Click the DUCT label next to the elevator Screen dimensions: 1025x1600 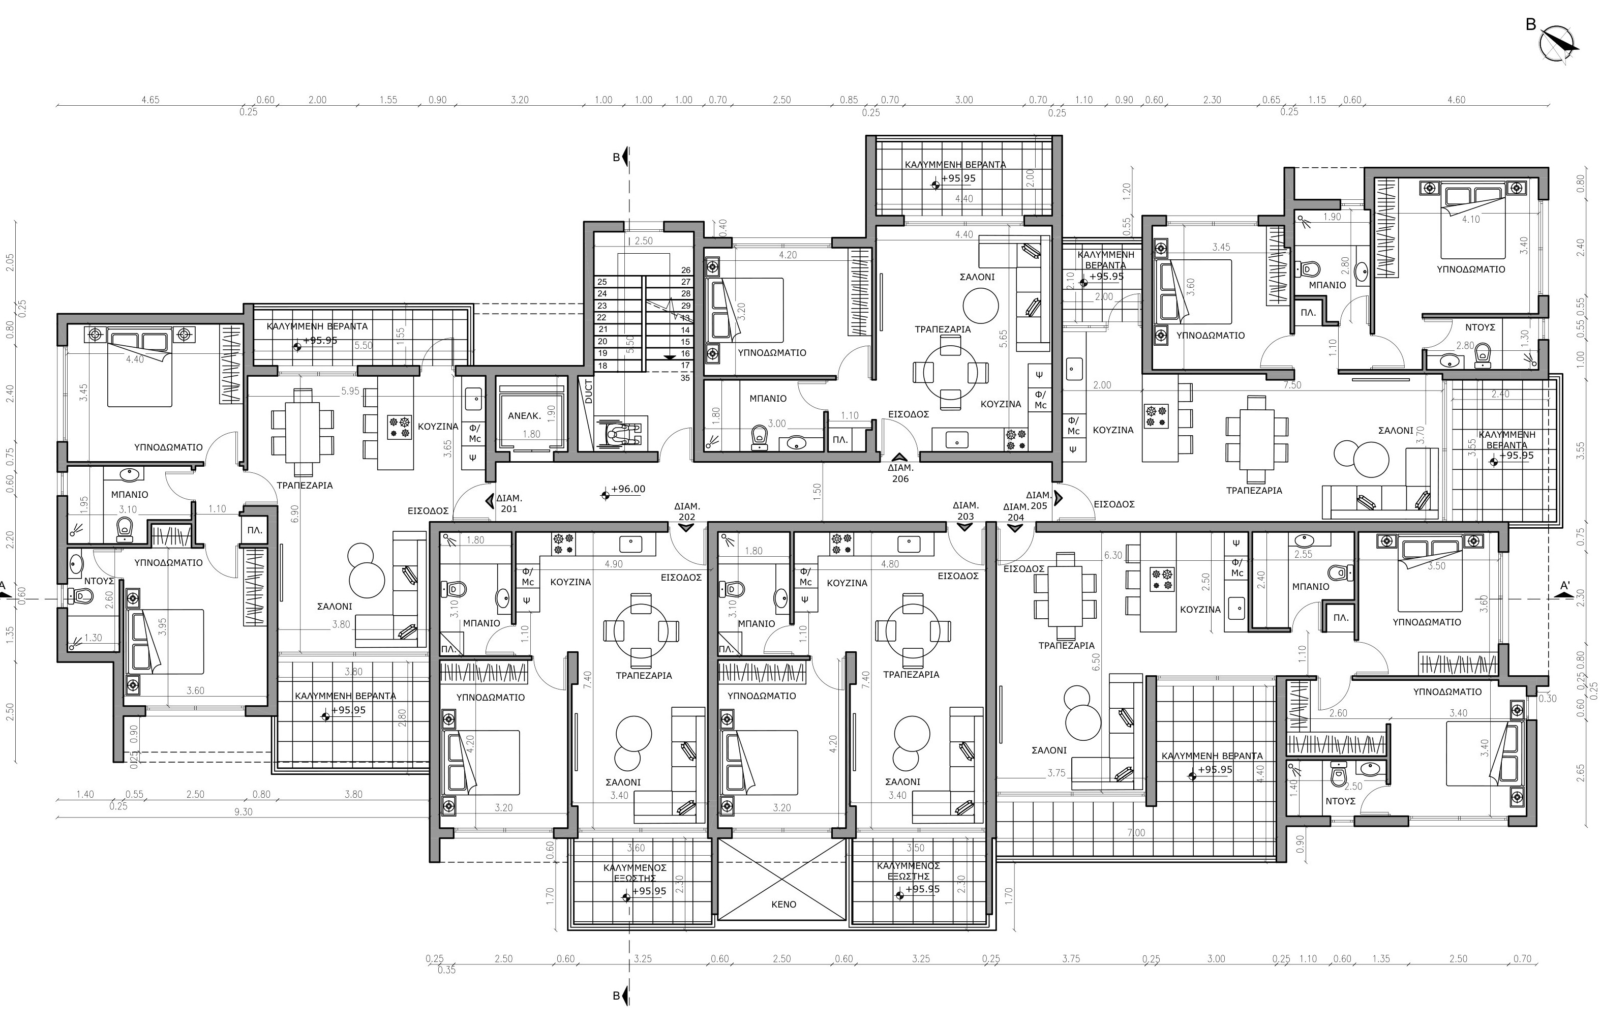click(x=588, y=392)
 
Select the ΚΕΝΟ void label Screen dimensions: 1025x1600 click(x=783, y=904)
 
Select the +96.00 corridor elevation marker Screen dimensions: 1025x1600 click(x=627, y=489)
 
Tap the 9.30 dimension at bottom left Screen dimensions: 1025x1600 click(x=244, y=812)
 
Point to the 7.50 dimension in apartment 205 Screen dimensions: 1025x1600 click(x=1292, y=385)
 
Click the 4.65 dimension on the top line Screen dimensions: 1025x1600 click(x=150, y=100)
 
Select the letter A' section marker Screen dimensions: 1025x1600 click(x=1565, y=586)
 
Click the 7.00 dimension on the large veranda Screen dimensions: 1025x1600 click(x=1136, y=833)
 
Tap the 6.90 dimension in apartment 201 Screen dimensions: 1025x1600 click(x=295, y=512)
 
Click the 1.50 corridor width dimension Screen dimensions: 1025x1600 click(x=818, y=491)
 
